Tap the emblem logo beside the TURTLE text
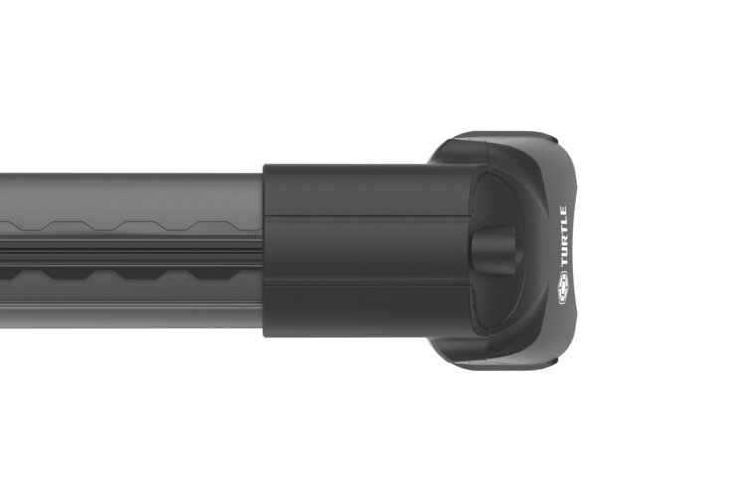click(563, 296)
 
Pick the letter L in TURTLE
click(563, 223)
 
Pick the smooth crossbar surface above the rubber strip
click(129, 194)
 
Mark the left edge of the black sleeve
click(265, 249)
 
